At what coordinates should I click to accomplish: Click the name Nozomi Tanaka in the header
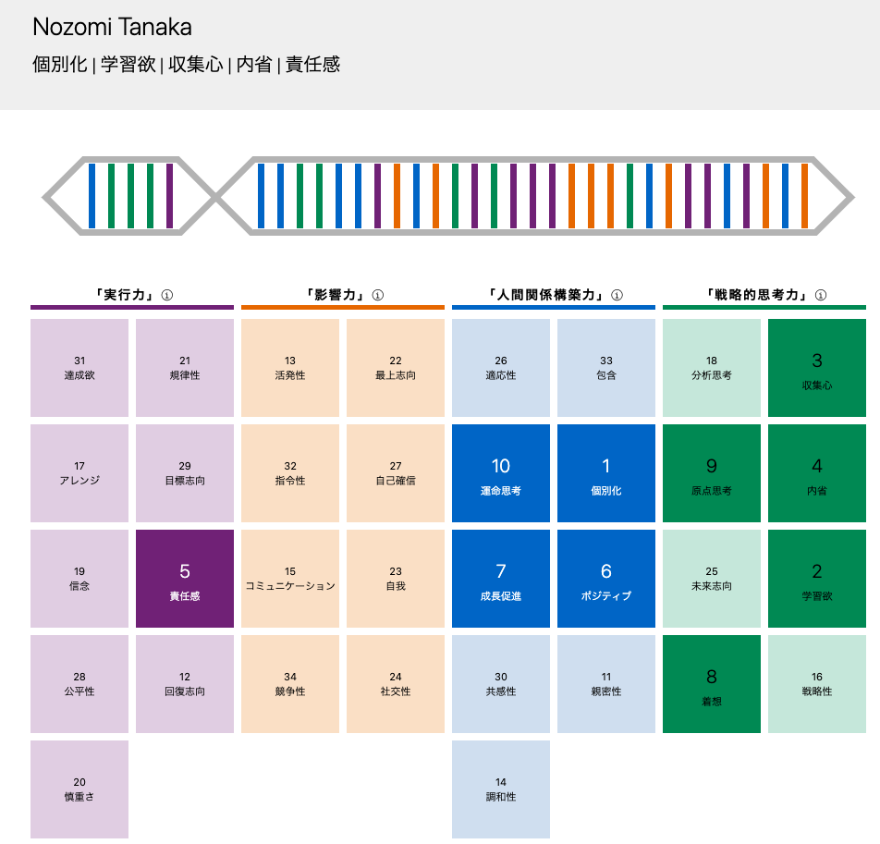pyautogui.click(x=112, y=27)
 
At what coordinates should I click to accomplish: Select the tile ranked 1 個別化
pyautogui.click(x=606, y=473)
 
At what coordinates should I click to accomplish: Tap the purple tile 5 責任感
pyautogui.click(x=185, y=579)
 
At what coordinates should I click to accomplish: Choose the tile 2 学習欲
pyautogui.click(x=817, y=579)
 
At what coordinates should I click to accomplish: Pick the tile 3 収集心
pyautogui.click(x=817, y=368)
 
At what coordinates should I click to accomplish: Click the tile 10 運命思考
pyautogui.click(x=501, y=473)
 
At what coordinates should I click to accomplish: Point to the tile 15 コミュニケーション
pyautogui.click(x=290, y=579)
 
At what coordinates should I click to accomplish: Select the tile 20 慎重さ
pyautogui.click(x=79, y=789)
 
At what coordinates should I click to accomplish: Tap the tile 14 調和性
pyautogui.click(x=501, y=789)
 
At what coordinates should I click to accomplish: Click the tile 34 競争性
pyautogui.click(x=290, y=684)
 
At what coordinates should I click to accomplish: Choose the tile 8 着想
pyautogui.click(x=712, y=684)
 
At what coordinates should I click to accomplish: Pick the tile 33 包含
pyautogui.click(x=606, y=368)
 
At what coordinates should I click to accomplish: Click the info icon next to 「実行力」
pyautogui.click(x=167, y=295)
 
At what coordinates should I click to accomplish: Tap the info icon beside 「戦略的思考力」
pyautogui.click(x=821, y=295)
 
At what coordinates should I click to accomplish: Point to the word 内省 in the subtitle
pyautogui.click(x=253, y=65)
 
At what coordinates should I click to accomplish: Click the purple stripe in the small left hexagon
pyautogui.click(x=169, y=196)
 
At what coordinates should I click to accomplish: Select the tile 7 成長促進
pyautogui.click(x=501, y=579)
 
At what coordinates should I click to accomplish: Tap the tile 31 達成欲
pyautogui.click(x=79, y=368)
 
